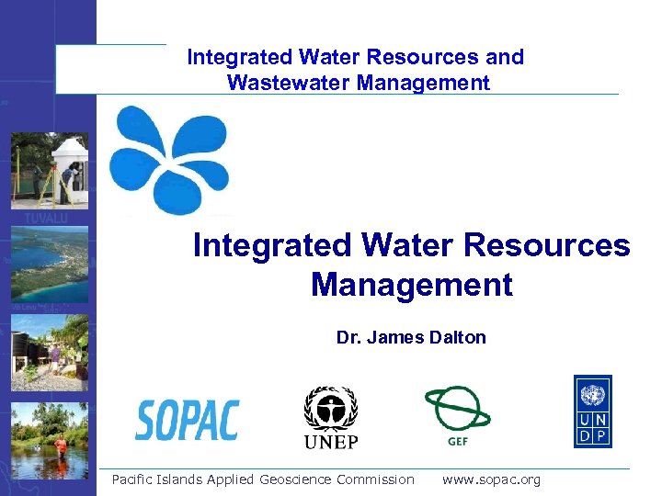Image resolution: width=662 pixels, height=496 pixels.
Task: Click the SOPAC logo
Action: pos(188,420)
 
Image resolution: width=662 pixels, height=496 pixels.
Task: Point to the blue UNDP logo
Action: pos(593,411)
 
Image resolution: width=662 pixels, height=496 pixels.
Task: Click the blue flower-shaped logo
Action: pos(169,160)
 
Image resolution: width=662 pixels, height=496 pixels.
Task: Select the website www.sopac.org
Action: pos(491,479)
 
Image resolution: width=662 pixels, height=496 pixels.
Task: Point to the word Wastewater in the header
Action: pos(281,83)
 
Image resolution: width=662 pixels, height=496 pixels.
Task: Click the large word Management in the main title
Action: pos(411,285)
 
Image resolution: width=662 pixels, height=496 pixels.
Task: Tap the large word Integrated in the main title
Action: pos(272,245)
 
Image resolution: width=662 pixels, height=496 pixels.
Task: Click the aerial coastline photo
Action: pos(51,262)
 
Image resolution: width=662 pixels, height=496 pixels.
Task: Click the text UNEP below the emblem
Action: pos(330,442)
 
